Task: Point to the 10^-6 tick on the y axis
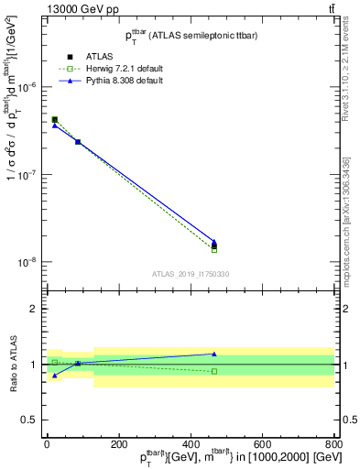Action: point(27,87)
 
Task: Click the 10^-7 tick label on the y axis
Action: point(27,174)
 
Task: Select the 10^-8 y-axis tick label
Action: point(27,262)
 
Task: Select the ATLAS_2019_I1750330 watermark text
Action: point(191,274)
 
